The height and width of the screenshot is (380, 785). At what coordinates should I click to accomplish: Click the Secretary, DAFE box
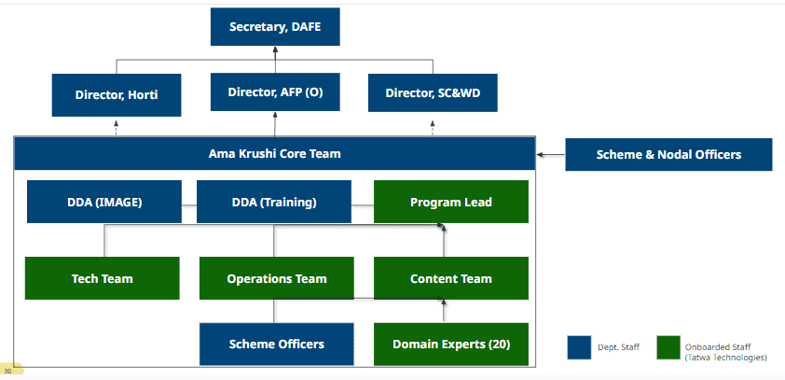pos(275,26)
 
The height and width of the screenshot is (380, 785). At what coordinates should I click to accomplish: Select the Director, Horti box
pos(117,94)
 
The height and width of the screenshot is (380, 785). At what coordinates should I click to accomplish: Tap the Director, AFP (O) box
pos(275,92)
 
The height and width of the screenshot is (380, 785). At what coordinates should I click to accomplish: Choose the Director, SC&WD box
pos(433,92)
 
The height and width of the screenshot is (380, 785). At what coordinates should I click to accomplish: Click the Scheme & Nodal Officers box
pos(668,154)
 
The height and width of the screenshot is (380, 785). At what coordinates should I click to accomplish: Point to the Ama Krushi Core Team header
pos(275,153)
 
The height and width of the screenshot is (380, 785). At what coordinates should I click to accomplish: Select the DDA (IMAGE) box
pos(104,202)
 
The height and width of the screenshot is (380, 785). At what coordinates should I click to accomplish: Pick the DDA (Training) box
pos(274,202)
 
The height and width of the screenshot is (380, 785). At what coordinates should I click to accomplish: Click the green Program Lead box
pos(451,202)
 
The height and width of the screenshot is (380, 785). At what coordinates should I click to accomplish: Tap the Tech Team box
pos(103,278)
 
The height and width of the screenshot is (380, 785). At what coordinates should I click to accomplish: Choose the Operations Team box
pos(276,278)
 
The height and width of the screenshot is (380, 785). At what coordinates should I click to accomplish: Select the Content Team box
pos(451,278)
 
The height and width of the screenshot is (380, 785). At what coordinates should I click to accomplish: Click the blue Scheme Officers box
pos(276,344)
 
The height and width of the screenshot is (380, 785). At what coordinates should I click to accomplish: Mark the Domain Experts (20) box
pos(451,344)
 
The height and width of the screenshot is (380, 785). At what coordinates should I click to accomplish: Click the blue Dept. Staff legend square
pos(579,347)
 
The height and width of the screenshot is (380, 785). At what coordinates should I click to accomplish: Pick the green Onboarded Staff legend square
pos(668,347)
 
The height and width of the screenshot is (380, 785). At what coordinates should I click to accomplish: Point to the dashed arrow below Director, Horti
pos(117,132)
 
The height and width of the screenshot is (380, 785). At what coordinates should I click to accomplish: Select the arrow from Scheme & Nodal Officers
pos(551,154)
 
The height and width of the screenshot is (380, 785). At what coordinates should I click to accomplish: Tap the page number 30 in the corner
pos(8,371)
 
